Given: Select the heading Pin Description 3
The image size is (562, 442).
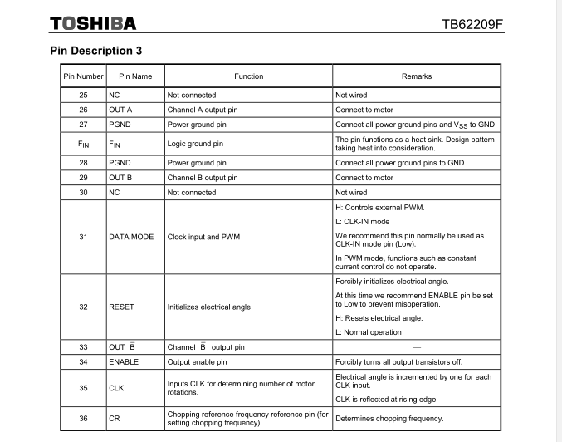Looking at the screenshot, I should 95,51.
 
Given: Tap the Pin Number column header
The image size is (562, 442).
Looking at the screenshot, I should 83,76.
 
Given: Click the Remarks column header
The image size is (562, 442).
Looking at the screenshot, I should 416,76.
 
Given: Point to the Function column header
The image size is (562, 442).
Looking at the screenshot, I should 248,76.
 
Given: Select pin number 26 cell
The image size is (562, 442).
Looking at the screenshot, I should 83,110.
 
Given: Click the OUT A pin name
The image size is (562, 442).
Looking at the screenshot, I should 121,110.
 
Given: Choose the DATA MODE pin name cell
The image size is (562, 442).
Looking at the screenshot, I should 131,237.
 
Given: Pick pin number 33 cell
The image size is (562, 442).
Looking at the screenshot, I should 83,346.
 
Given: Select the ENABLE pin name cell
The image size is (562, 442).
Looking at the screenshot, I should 124,361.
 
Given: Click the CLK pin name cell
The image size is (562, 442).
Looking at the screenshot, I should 116,388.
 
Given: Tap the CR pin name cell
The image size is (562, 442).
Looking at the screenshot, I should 114,419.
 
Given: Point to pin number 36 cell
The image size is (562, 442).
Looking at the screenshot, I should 83,419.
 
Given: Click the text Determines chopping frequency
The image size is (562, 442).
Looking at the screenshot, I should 389,419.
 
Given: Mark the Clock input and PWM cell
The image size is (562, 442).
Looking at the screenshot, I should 204,237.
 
